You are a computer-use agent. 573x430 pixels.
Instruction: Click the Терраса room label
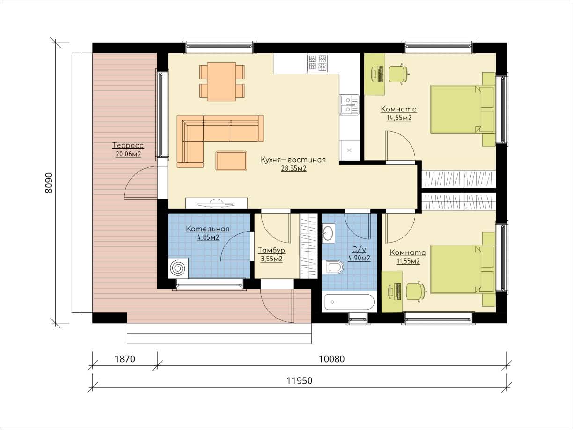pyautogui.click(x=128, y=145)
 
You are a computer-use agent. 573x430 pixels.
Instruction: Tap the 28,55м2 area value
pyautogui.click(x=294, y=169)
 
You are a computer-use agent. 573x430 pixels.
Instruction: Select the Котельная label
pyautogui.click(x=208, y=229)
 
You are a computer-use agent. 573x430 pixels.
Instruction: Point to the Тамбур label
pyautogui.click(x=272, y=251)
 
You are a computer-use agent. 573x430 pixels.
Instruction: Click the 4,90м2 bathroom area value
pyautogui.click(x=359, y=259)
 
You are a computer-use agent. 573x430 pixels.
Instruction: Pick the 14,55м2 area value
pyautogui.click(x=399, y=118)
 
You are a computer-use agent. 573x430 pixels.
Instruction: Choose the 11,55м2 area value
pyautogui.click(x=408, y=261)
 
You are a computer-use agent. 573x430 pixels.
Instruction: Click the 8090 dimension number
pyautogui.click(x=49, y=183)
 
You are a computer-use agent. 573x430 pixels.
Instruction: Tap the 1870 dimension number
pyautogui.click(x=125, y=359)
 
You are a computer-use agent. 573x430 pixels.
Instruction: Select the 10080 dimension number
pyautogui.click(x=331, y=359)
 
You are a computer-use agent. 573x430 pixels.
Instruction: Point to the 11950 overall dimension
pyautogui.click(x=300, y=381)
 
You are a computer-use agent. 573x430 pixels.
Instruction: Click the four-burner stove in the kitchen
pyautogui.click(x=317, y=63)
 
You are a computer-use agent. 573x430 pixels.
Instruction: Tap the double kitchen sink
pyautogui.click(x=349, y=105)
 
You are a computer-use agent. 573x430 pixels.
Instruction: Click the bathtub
pyautogui.click(x=350, y=302)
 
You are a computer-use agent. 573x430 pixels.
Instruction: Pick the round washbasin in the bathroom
pyautogui.click(x=328, y=233)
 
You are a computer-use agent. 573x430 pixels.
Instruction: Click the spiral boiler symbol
pyautogui.click(x=178, y=268)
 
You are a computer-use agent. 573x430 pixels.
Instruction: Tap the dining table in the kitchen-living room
pyautogui.click(x=221, y=82)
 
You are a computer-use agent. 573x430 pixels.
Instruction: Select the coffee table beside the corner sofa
pyautogui.click(x=231, y=161)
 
